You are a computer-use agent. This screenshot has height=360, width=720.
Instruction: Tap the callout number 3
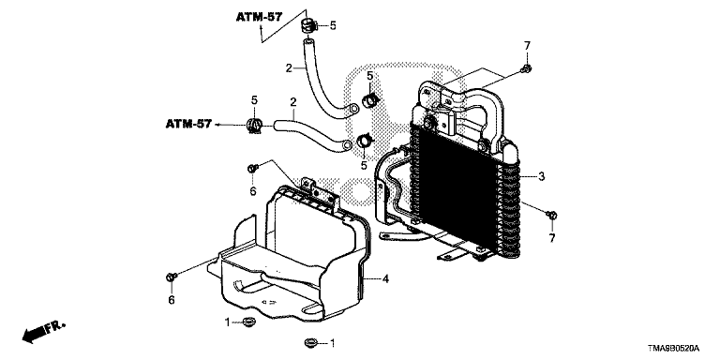(x=541, y=176)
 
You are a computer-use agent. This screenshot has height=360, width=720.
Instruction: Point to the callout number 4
(x=385, y=278)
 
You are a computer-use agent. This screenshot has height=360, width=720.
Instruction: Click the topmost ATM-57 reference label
(x=260, y=18)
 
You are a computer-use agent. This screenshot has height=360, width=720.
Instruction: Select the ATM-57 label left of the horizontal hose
(x=188, y=124)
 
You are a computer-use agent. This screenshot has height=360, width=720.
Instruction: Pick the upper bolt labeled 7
(x=527, y=69)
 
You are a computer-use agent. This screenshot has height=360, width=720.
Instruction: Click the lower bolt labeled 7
(x=552, y=215)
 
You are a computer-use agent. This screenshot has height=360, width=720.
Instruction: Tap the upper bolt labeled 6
(x=252, y=169)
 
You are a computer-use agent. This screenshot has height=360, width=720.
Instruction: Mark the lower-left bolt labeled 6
(x=172, y=277)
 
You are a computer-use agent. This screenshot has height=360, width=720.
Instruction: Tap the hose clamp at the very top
(x=308, y=25)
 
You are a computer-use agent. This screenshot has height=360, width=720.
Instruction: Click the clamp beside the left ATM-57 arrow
(x=253, y=125)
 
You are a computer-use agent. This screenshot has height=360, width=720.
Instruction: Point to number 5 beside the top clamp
(x=333, y=25)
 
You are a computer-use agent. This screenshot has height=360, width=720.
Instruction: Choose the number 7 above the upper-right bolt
(x=527, y=45)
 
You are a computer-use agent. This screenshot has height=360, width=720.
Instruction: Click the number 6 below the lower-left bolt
(x=172, y=300)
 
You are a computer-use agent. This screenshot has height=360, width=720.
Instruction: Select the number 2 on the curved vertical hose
(x=289, y=68)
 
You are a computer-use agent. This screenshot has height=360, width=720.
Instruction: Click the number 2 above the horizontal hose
(x=292, y=102)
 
